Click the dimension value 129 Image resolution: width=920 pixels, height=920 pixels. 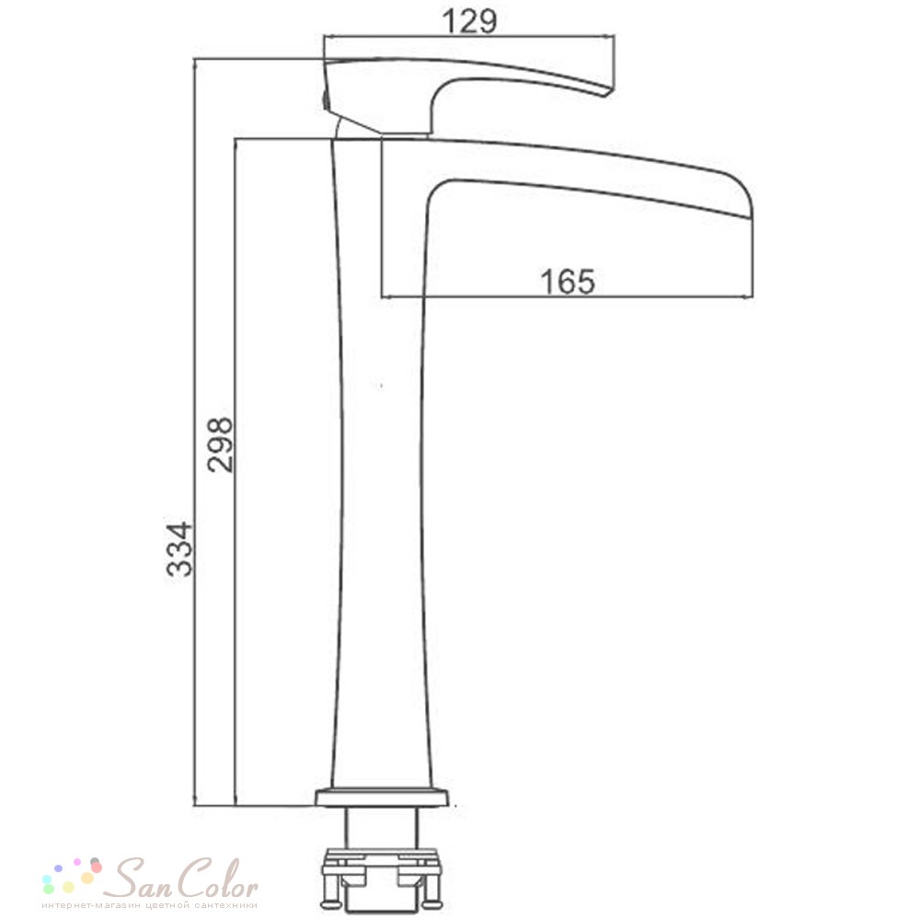pyautogui.click(x=469, y=21)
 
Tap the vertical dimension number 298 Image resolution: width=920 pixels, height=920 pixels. pyautogui.click(x=220, y=445)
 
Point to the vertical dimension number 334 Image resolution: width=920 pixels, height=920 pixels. pyautogui.click(x=179, y=549)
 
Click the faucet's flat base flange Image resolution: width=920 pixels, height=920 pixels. pyautogui.click(x=382, y=798)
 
